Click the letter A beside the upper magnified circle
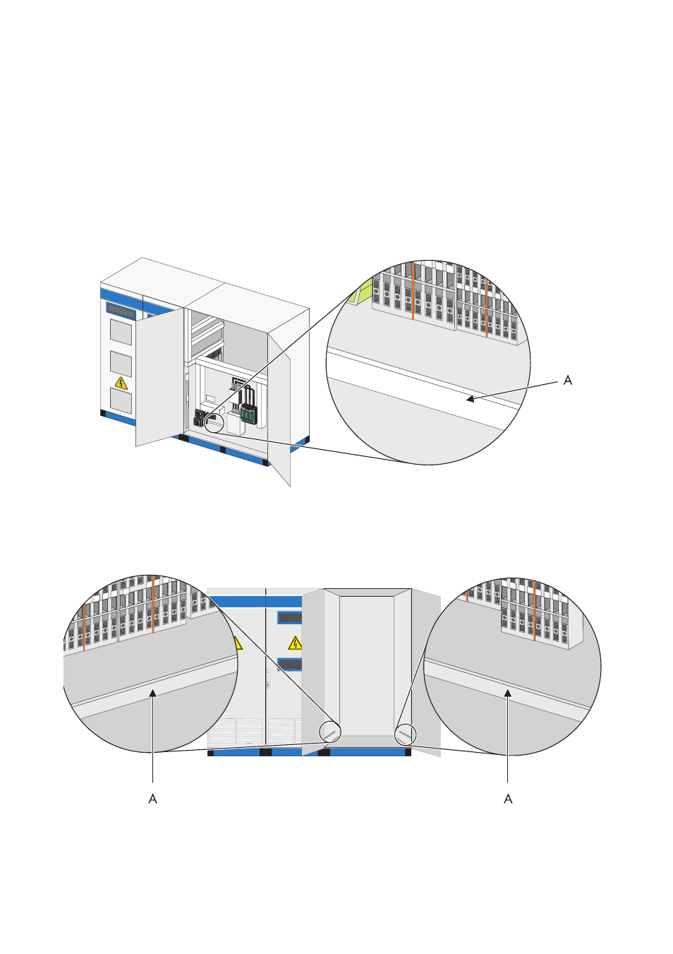pyautogui.click(x=567, y=381)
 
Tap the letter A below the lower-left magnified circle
pyautogui.click(x=152, y=799)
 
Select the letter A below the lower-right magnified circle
pyautogui.click(x=508, y=799)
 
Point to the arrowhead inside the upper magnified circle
pyautogui.click(x=470, y=399)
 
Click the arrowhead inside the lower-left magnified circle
pyautogui.click(x=152, y=693)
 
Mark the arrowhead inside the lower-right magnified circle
pyautogui.click(x=507, y=693)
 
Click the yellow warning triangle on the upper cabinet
pyautogui.click(x=121, y=383)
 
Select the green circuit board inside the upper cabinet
pyautogui.click(x=248, y=414)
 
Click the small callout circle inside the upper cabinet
pyautogui.click(x=214, y=424)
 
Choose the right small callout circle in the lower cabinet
pyautogui.click(x=406, y=734)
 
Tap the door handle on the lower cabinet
pyautogui.click(x=268, y=679)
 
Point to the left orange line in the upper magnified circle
pyautogui.click(x=413, y=291)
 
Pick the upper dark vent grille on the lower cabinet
pyautogui.click(x=290, y=617)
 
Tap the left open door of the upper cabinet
pyautogui.click(x=160, y=377)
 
